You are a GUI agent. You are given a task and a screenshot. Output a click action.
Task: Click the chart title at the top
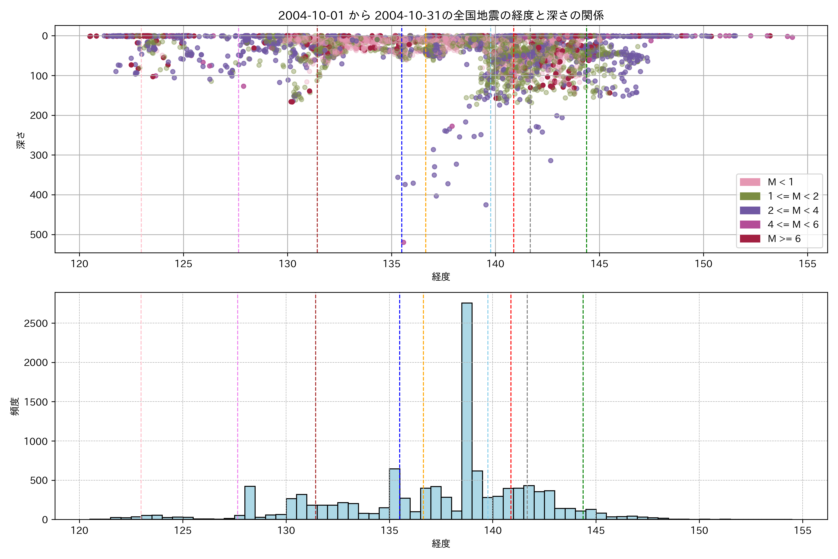point(441,15)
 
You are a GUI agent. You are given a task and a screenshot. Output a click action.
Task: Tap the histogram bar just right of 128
point(250,503)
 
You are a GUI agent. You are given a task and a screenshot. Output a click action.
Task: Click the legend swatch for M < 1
point(750,182)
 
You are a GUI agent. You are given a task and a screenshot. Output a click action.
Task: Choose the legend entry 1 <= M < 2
point(793,196)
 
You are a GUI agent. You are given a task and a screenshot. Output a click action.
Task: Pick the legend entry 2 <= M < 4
point(793,210)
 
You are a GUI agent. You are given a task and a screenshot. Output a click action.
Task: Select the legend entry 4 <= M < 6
point(793,224)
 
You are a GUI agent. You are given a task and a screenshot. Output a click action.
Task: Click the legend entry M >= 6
point(784,239)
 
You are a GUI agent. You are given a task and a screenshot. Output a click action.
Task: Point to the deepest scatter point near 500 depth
point(403,242)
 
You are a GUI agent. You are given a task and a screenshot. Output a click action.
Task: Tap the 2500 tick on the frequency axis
point(36,323)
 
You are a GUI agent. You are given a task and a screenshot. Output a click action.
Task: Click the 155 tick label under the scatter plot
point(807,264)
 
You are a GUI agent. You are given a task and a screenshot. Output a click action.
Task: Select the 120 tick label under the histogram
point(79,531)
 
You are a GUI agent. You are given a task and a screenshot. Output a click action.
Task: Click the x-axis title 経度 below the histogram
point(441,544)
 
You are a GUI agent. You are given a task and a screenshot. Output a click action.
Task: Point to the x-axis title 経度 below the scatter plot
point(441,277)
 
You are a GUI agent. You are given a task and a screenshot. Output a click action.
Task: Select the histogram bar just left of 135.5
point(394,494)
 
